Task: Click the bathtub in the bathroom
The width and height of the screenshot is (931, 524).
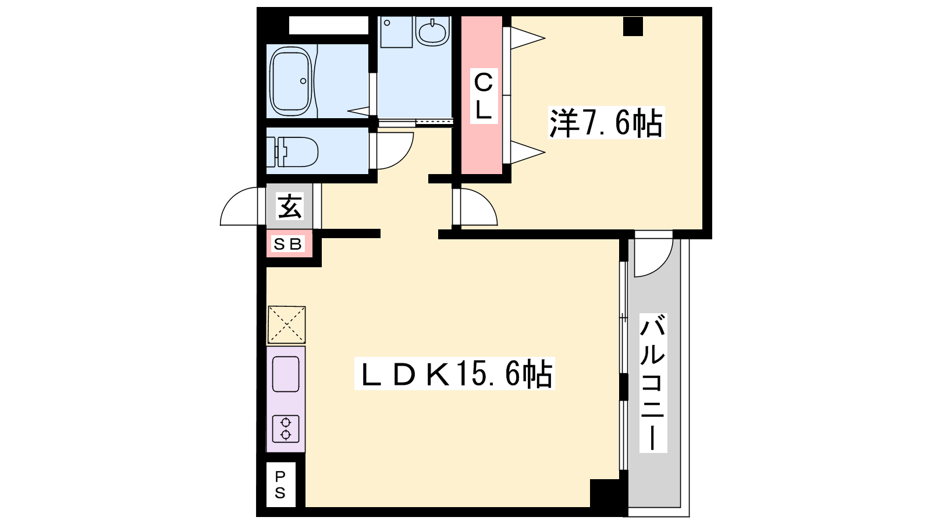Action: tap(290, 82)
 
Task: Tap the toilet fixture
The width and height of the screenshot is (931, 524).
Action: tap(292, 152)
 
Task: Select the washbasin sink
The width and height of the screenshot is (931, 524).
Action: tap(433, 31)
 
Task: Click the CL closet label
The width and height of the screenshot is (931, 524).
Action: tap(484, 96)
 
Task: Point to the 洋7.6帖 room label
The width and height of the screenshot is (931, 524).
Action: tap(606, 123)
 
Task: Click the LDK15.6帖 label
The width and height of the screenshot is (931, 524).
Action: tap(454, 373)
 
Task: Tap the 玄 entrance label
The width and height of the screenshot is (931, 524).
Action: tap(290, 206)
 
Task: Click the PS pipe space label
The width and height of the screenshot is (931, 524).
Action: tap(280, 484)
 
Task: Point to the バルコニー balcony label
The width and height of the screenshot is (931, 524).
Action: tap(653, 383)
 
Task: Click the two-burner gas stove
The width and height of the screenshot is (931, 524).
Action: tap(286, 429)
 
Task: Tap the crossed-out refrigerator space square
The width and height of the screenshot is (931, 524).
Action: tap(286, 325)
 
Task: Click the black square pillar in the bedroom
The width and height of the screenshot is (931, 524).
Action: tap(633, 26)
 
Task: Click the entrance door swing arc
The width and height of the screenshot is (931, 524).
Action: tap(233, 200)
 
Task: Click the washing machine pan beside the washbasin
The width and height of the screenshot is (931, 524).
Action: tap(396, 32)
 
